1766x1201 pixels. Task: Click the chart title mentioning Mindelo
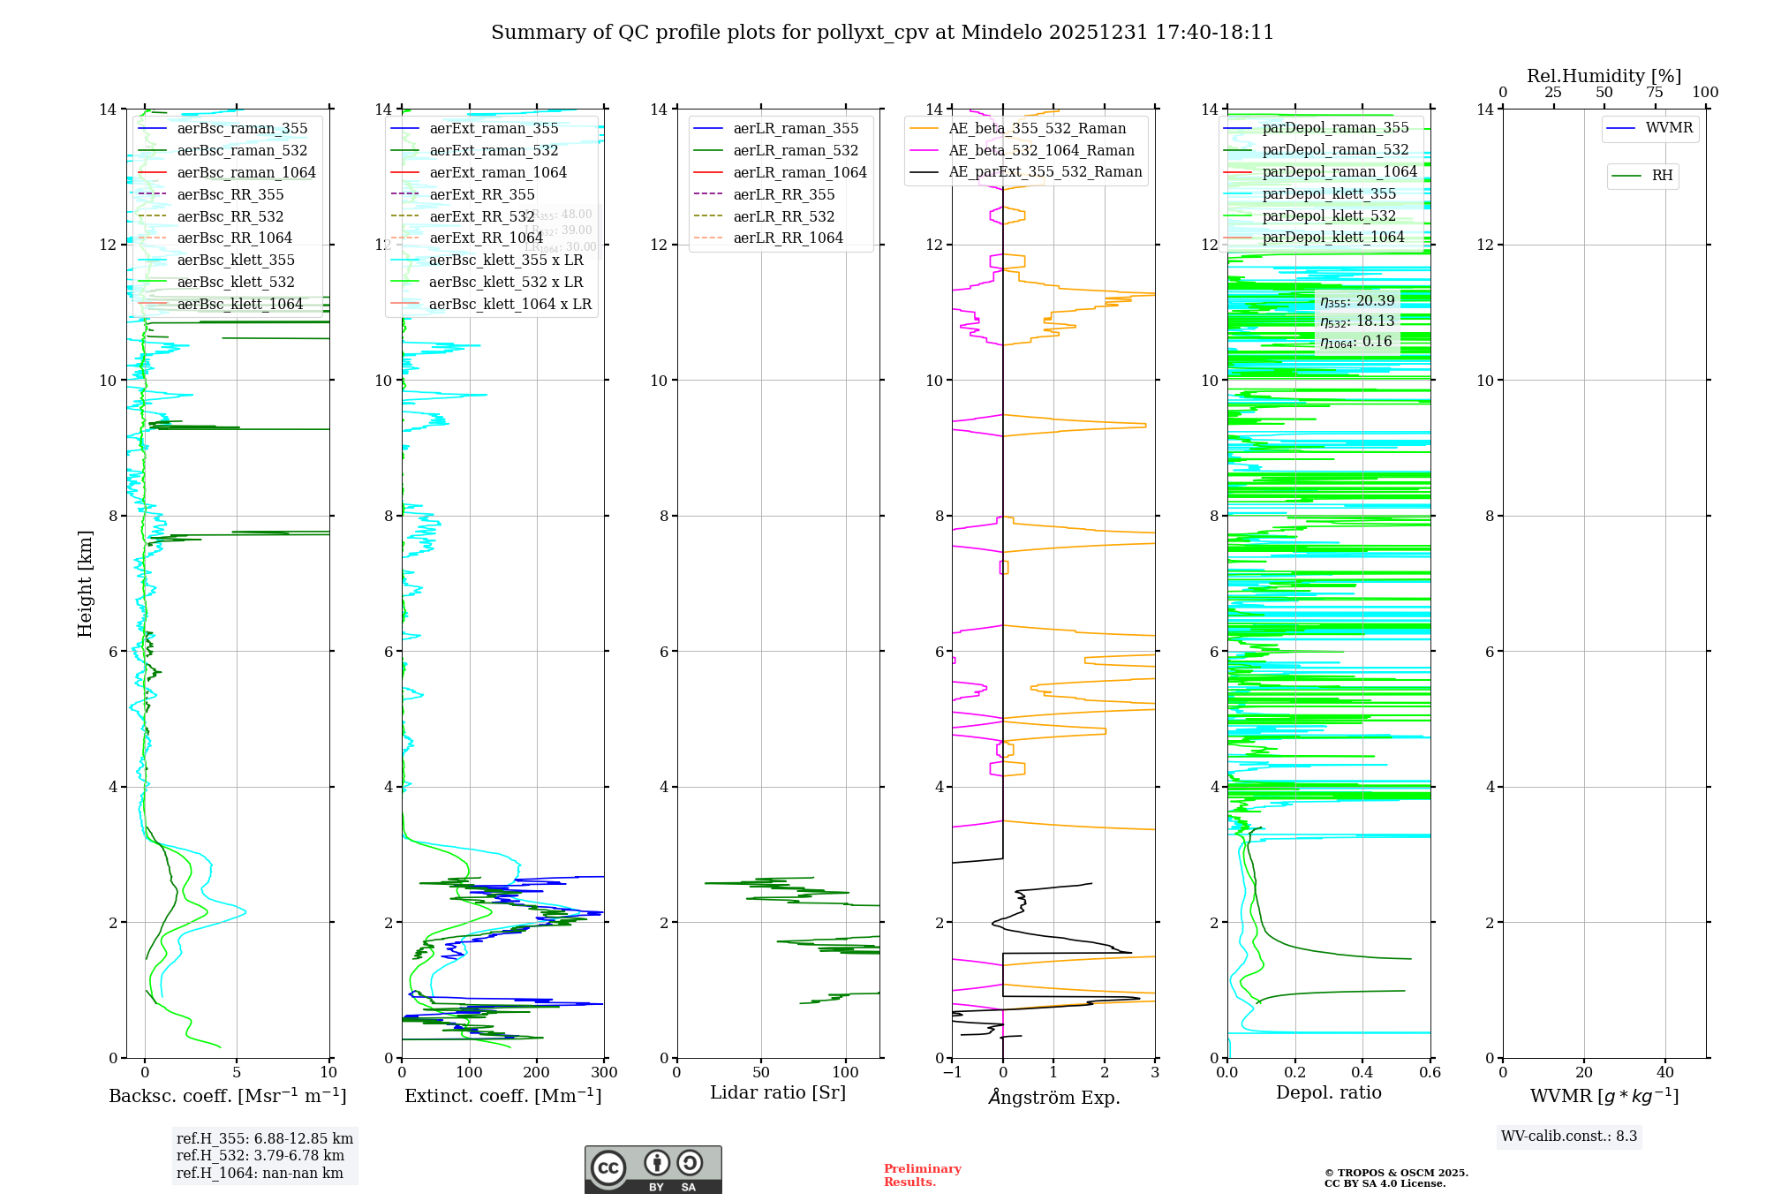[882, 33]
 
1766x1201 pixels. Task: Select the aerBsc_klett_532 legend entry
[235, 283]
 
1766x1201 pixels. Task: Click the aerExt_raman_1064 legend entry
[498, 173]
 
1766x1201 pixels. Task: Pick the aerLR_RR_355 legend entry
[783, 195]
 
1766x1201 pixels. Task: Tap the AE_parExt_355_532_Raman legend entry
[1045, 172]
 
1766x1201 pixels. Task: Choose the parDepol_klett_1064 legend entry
[1332, 238]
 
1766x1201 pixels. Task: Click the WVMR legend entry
[1668, 128]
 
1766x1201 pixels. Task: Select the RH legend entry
[1661, 176]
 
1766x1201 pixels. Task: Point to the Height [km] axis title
[85, 583]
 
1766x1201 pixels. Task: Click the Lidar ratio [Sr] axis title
[777, 1093]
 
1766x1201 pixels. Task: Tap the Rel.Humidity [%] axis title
[1604, 76]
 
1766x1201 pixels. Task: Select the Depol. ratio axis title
[1328, 1093]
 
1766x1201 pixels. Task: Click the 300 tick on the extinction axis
[605, 1073]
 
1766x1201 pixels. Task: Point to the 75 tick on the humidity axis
[1655, 93]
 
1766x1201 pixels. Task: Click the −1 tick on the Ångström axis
[952, 1073]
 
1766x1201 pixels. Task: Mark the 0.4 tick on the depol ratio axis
[1362, 1073]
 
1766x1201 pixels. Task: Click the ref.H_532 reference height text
[260, 1156]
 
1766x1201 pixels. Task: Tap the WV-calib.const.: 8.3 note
[1568, 1137]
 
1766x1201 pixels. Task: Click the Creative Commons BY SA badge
[653, 1169]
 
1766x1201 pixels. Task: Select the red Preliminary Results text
[922, 1175]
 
